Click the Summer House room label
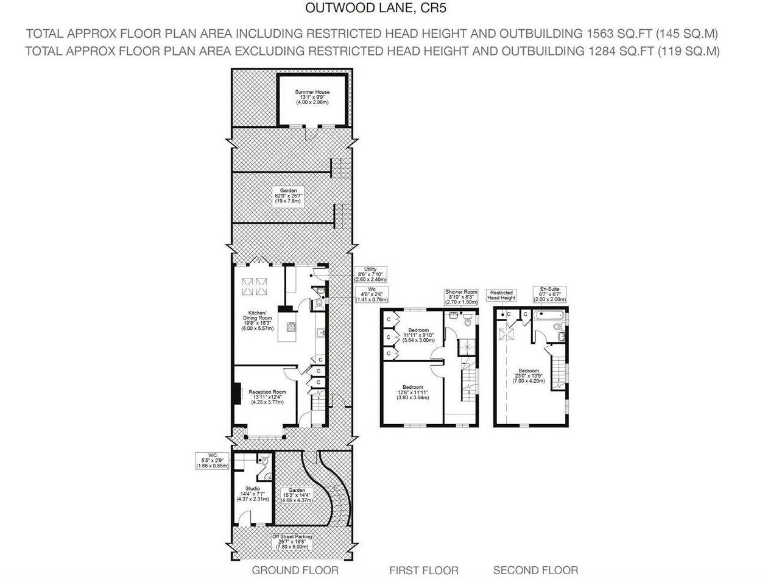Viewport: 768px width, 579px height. [312, 97]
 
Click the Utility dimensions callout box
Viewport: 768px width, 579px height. [370, 274]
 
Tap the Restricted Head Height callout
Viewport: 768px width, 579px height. [501, 295]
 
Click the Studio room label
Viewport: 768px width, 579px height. [253, 494]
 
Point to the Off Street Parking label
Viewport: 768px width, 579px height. [292, 541]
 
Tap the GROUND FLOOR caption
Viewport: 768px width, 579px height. [295, 570]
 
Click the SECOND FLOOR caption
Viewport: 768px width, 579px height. [535, 570]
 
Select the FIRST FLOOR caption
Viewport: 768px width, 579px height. [424, 570]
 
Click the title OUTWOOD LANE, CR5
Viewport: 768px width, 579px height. [379, 9]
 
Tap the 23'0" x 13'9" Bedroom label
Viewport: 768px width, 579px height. [528, 375]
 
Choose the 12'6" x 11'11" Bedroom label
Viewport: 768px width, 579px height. [413, 393]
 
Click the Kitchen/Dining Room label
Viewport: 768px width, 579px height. [257, 321]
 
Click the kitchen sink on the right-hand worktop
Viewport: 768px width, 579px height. [321, 333]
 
